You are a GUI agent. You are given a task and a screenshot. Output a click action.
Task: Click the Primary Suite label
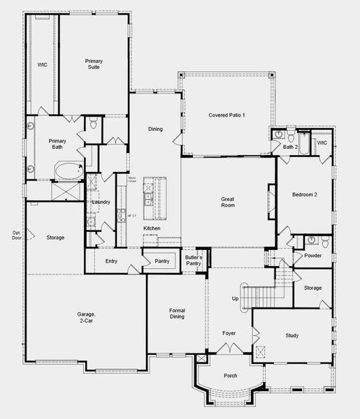[94, 65]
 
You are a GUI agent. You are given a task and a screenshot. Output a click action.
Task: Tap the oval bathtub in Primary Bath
[69, 170]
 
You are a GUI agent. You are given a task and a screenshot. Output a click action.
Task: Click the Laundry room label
[102, 203]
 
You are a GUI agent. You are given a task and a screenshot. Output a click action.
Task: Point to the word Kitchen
[152, 228]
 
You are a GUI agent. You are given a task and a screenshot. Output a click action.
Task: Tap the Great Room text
[227, 201]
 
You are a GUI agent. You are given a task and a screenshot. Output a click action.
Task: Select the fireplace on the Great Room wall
[271, 200]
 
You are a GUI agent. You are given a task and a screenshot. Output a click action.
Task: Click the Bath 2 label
[290, 147]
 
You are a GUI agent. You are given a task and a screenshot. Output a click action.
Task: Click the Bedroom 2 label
[305, 195]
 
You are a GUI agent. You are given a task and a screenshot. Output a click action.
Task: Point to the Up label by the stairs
[235, 298]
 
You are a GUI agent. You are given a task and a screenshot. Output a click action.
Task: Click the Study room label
[292, 336]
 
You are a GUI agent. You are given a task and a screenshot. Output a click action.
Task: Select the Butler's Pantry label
[194, 261]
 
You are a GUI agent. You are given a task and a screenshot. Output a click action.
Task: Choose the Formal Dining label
[176, 313]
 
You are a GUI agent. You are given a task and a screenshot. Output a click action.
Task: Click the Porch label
[229, 376]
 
